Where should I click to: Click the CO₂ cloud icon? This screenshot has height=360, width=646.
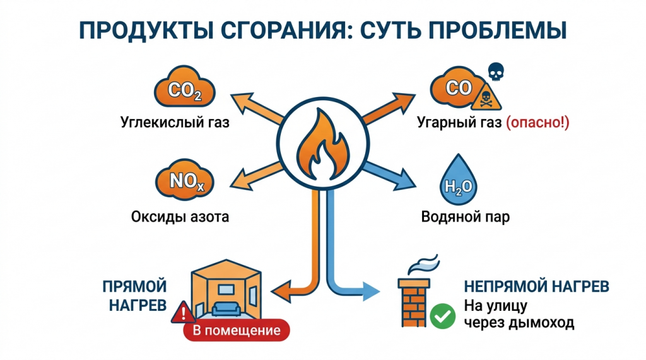click(184, 92)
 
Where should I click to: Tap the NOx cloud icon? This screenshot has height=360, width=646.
click(184, 181)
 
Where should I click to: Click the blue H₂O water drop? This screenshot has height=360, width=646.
click(457, 183)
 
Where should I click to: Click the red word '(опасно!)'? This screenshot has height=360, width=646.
click(537, 123)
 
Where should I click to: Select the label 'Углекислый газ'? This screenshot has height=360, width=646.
click(175, 122)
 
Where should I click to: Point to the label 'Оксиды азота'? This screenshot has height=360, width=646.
click(180, 217)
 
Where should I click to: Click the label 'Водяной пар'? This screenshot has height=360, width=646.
click(465, 218)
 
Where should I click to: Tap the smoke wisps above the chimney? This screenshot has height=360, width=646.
click(423, 260)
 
